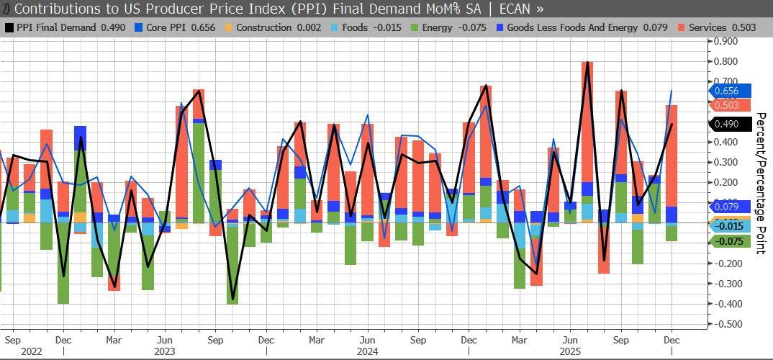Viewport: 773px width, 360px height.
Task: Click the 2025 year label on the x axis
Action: [x=570, y=352]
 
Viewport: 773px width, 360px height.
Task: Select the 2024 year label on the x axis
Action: [x=367, y=352]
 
